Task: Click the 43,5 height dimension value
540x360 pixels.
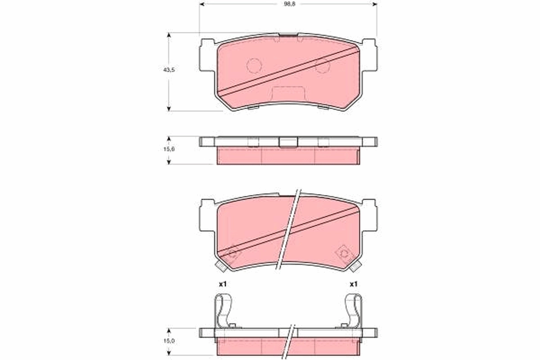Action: [x=169, y=70]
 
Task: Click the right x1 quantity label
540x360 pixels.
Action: [x=353, y=284]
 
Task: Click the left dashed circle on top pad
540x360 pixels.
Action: [x=254, y=66]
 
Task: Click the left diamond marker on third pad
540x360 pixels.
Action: [x=233, y=253]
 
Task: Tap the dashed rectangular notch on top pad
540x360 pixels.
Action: [x=288, y=93]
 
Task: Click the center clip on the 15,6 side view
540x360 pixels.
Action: [x=288, y=142]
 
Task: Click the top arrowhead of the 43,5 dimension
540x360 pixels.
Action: [x=169, y=35]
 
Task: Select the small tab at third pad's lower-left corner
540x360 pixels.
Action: [x=220, y=266]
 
